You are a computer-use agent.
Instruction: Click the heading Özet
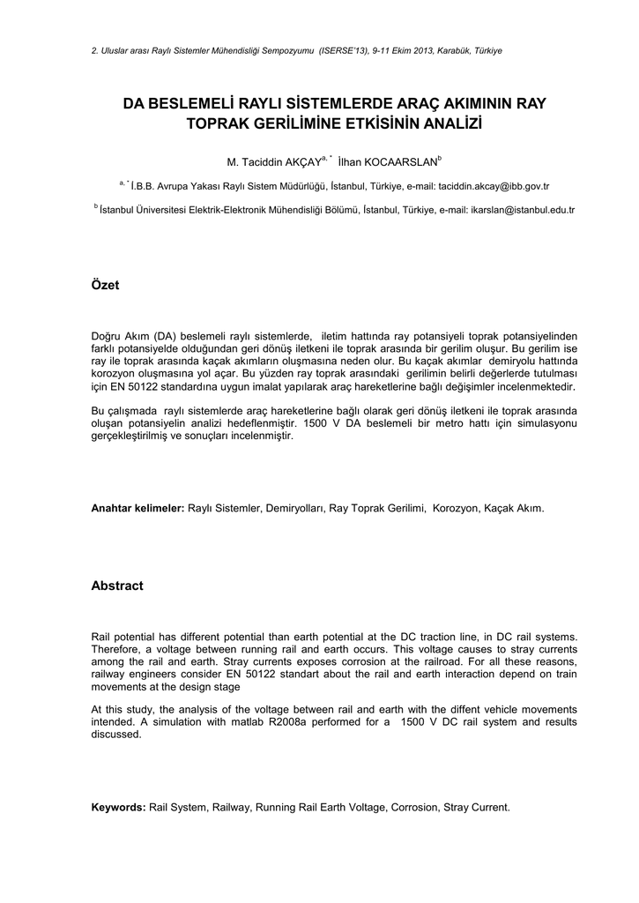point(105,287)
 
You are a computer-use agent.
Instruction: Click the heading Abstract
point(117,586)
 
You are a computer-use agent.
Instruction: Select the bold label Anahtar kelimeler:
point(138,509)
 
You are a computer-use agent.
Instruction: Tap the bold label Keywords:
point(119,807)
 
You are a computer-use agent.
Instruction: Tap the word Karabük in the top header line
point(449,50)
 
